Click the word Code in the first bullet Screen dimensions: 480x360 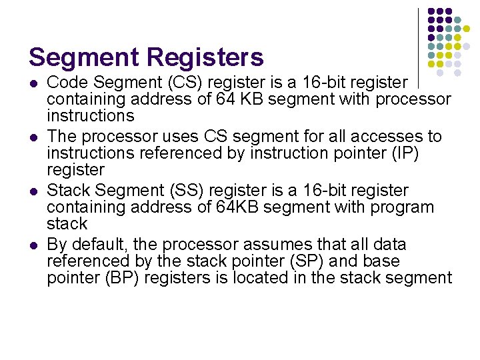tap(67, 83)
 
